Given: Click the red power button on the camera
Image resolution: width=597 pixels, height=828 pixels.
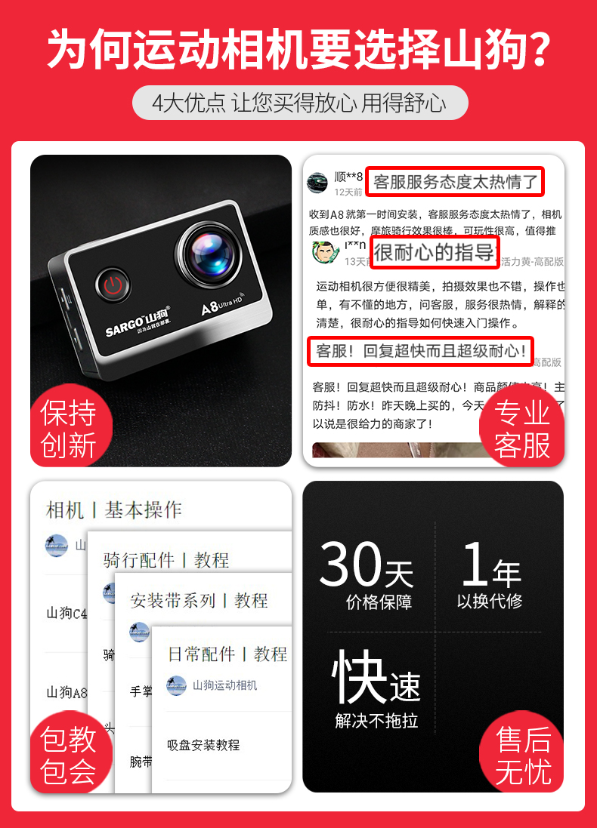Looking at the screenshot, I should click(113, 286).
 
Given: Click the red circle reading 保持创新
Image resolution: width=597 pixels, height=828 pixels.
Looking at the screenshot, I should click(69, 429).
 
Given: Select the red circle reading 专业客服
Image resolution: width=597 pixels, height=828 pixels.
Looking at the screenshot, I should click(521, 429).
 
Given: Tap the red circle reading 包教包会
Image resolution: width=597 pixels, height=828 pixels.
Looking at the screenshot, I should click(69, 755).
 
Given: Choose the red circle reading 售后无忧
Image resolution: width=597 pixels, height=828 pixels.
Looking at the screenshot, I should click(522, 755).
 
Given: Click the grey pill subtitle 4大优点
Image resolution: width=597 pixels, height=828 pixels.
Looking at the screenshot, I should click(299, 103).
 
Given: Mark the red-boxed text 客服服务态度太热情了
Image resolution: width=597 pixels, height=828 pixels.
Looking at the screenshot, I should click(455, 181).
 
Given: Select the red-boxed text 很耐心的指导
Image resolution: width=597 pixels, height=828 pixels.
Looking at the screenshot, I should click(434, 251).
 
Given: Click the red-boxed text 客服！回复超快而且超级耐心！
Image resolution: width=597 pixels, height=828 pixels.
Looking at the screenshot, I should click(420, 351).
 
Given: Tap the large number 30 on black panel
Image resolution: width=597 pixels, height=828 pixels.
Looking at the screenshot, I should click(350, 565).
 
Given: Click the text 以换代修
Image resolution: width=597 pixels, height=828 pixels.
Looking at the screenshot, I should click(490, 602).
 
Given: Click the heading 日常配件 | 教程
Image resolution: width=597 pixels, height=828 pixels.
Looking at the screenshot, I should click(227, 654).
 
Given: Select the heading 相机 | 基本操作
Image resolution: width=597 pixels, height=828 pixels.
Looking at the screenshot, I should click(114, 509).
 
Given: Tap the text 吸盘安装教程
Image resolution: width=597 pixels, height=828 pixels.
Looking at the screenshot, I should click(203, 745).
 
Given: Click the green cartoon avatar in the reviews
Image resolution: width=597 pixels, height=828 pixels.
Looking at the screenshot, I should click(324, 251).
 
